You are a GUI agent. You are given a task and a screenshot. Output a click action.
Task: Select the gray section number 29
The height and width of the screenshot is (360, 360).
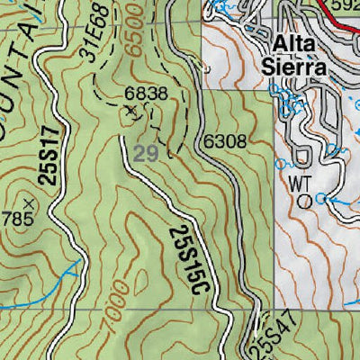point(146,154)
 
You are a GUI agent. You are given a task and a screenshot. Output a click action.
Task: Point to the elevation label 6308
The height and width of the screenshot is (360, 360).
point(223,141)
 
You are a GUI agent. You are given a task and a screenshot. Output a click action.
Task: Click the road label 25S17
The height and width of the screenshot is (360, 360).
point(48,159)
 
